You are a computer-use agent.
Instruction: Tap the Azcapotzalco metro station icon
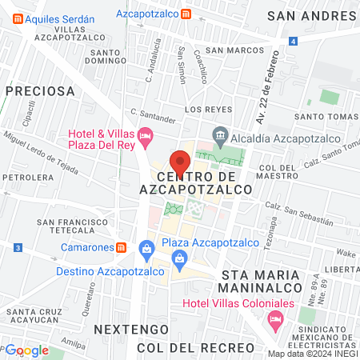pyautogui.click(x=186, y=14)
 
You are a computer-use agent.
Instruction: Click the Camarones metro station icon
pyautogui.click(x=121, y=247)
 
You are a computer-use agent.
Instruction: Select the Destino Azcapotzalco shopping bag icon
pyautogui.click(x=146, y=250)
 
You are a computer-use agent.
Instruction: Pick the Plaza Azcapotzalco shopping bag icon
pyautogui.click(x=180, y=258)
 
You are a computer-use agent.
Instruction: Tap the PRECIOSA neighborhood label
pyautogui.click(x=39, y=91)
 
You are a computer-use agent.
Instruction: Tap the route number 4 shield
pyautogui.click(x=294, y=41)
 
